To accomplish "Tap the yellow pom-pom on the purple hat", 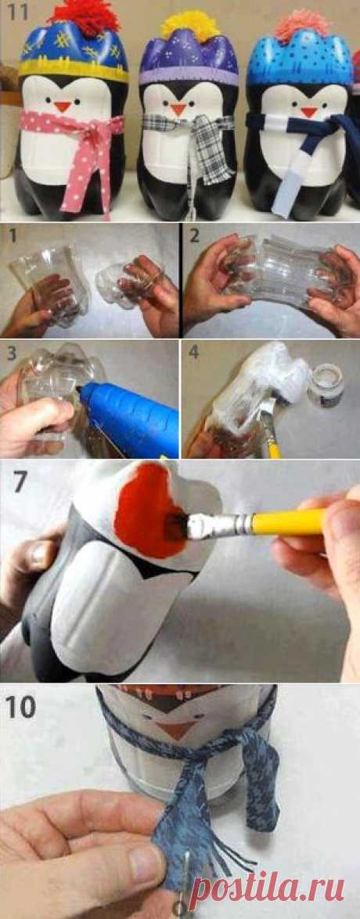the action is coord(182,26).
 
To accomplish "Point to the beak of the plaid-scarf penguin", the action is coord(179,109).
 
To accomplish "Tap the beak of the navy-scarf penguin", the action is coord(308,111).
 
